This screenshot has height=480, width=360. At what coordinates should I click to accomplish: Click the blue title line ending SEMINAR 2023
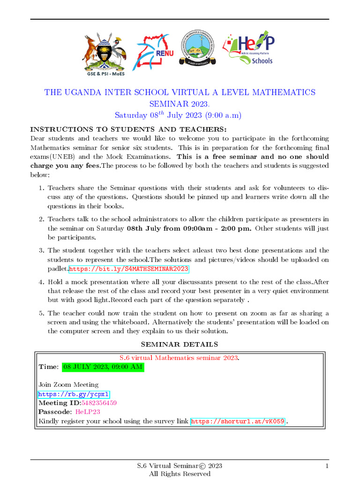coord(180,104)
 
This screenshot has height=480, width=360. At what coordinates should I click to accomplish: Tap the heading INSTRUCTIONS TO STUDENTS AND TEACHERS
coord(128,129)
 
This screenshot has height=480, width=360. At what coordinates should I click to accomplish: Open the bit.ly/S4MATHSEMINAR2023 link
coord(129,269)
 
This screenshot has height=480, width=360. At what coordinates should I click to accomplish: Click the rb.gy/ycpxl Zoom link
coord(74,394)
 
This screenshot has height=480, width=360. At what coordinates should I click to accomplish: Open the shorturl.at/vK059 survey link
coord(238,421)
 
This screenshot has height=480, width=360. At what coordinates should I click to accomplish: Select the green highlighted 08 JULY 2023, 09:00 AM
coord(103,367)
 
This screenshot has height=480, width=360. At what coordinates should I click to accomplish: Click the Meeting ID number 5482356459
coord(99,403)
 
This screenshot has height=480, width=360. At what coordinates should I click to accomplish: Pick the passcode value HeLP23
coord(88,412)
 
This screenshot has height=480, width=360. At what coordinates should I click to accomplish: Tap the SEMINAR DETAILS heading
coord(180,345)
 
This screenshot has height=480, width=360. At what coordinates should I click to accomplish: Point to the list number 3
coord(41,251)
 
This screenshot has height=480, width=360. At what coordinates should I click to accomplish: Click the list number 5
coord(41,313)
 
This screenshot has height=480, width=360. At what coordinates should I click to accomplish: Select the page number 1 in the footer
coord(327,465)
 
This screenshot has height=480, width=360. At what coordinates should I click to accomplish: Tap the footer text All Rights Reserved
coord(180,474)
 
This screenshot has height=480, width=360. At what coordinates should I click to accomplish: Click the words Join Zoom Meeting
coord(68,385)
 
